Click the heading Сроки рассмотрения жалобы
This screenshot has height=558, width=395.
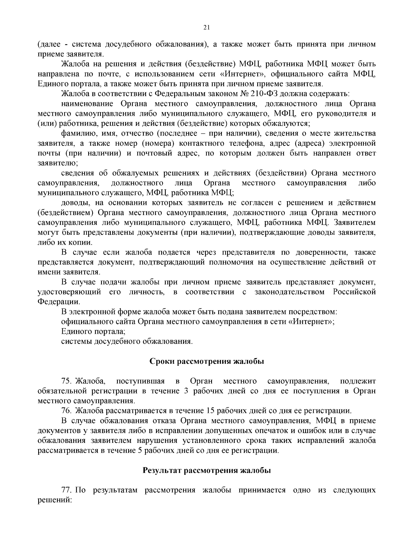(207, 361)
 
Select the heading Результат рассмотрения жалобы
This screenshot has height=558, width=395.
(207, 470)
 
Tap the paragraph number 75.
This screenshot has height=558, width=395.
(67, 381)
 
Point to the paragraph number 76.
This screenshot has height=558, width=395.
(67, 411)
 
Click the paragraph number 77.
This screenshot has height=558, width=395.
(67, 490)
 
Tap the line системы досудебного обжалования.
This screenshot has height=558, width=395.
(127, 341)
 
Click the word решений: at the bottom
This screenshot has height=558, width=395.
(55, 500)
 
